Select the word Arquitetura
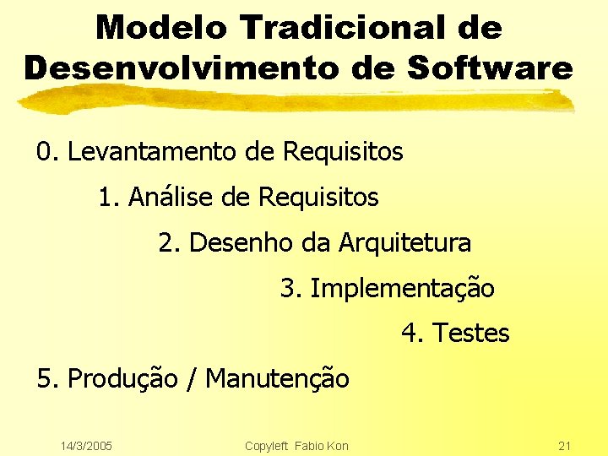tap(404, 243)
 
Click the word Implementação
tap(402, 289)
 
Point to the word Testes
tap(470, 334)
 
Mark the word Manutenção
tap(277, 378)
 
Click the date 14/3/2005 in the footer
tap(88, 445)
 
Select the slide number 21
tap(565, 445)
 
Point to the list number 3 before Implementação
tap(288, 289)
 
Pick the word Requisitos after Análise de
tap(318, 198)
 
